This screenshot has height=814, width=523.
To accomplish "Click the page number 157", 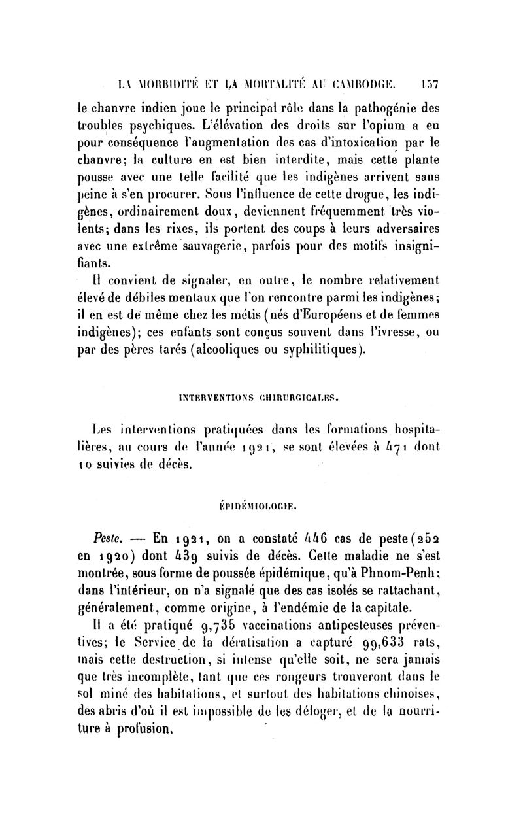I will pos(429,84).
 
